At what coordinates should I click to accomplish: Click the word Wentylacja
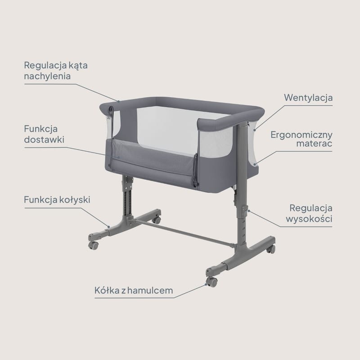[308, 98]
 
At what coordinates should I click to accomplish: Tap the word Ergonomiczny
[301, 135]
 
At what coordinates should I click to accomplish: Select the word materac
[314, 144]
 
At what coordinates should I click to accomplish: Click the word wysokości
[309, 218]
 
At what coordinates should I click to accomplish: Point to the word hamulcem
[150, 290]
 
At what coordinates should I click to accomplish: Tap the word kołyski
[75, 199]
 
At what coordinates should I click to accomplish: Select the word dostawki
[44, 139]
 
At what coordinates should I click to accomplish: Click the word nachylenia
[47, 76]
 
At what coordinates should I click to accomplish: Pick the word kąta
[78, 65]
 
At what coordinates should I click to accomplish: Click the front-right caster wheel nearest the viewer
[211, 282]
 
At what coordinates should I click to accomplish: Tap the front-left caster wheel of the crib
[94, 245]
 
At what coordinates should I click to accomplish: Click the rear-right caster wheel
[271, 249]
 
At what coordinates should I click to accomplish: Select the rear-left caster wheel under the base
[157, 220]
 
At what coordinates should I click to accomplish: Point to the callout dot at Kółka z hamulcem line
[206, 285]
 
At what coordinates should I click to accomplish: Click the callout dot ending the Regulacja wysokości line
[249, 211]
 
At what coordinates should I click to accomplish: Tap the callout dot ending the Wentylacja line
[255, 130]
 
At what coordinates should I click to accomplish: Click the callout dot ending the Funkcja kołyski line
[109, 227]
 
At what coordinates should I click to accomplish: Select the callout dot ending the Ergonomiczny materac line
[255, 164]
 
